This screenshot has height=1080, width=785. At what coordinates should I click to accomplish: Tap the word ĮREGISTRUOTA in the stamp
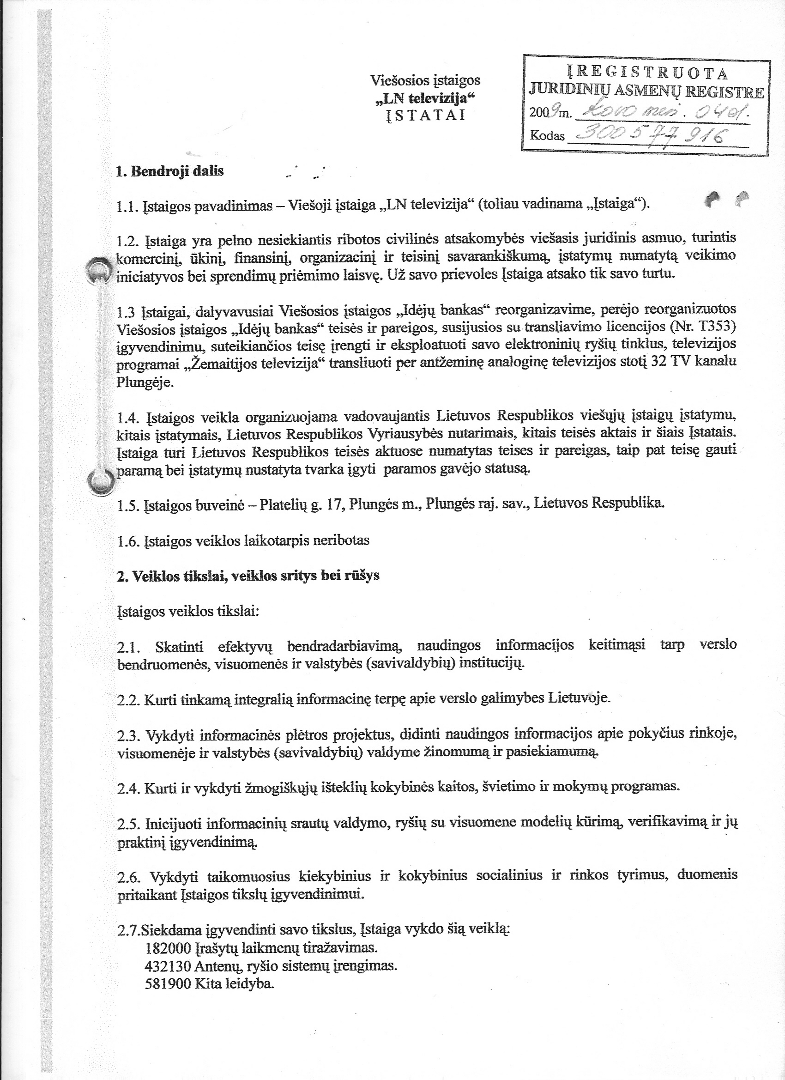pyautogui.click(x=646, y=73)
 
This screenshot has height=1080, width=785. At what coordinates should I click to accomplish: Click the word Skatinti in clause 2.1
pyautogui.click(x=180, y=646)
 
